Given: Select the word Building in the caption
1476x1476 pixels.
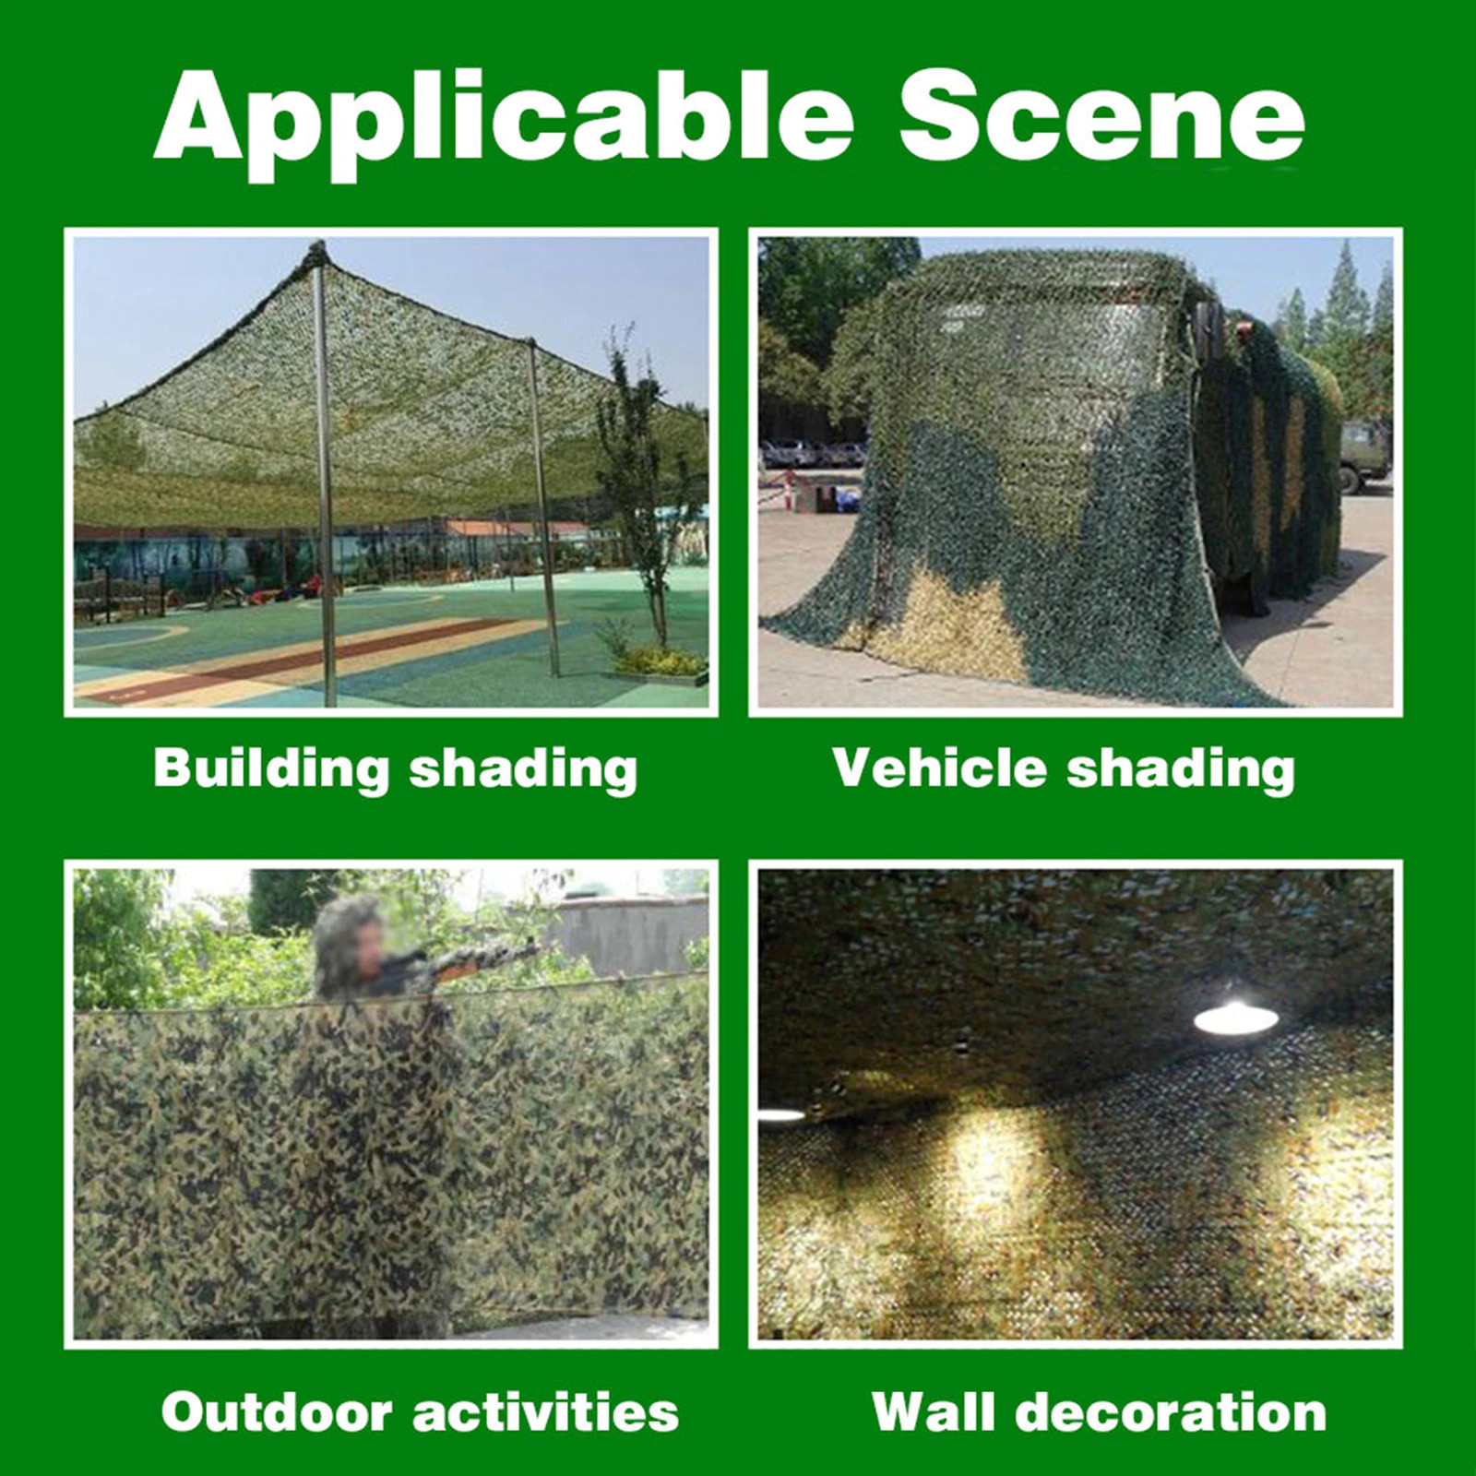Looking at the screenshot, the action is pyautogui.click(x=271, y=769).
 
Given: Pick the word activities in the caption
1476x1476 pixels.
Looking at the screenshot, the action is pyautogui.click(x=545, y=1411).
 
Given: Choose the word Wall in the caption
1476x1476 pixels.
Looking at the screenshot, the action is pyautogui.click(x=933, y=1411).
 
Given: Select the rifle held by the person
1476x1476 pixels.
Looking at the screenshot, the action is pyautogui.click(x=461, y=961).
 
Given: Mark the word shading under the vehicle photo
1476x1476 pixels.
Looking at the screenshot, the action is pyautogui.click(x=1181, y=769).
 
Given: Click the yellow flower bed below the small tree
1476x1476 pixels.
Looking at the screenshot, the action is pyautogui.click(x=660, y=661).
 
